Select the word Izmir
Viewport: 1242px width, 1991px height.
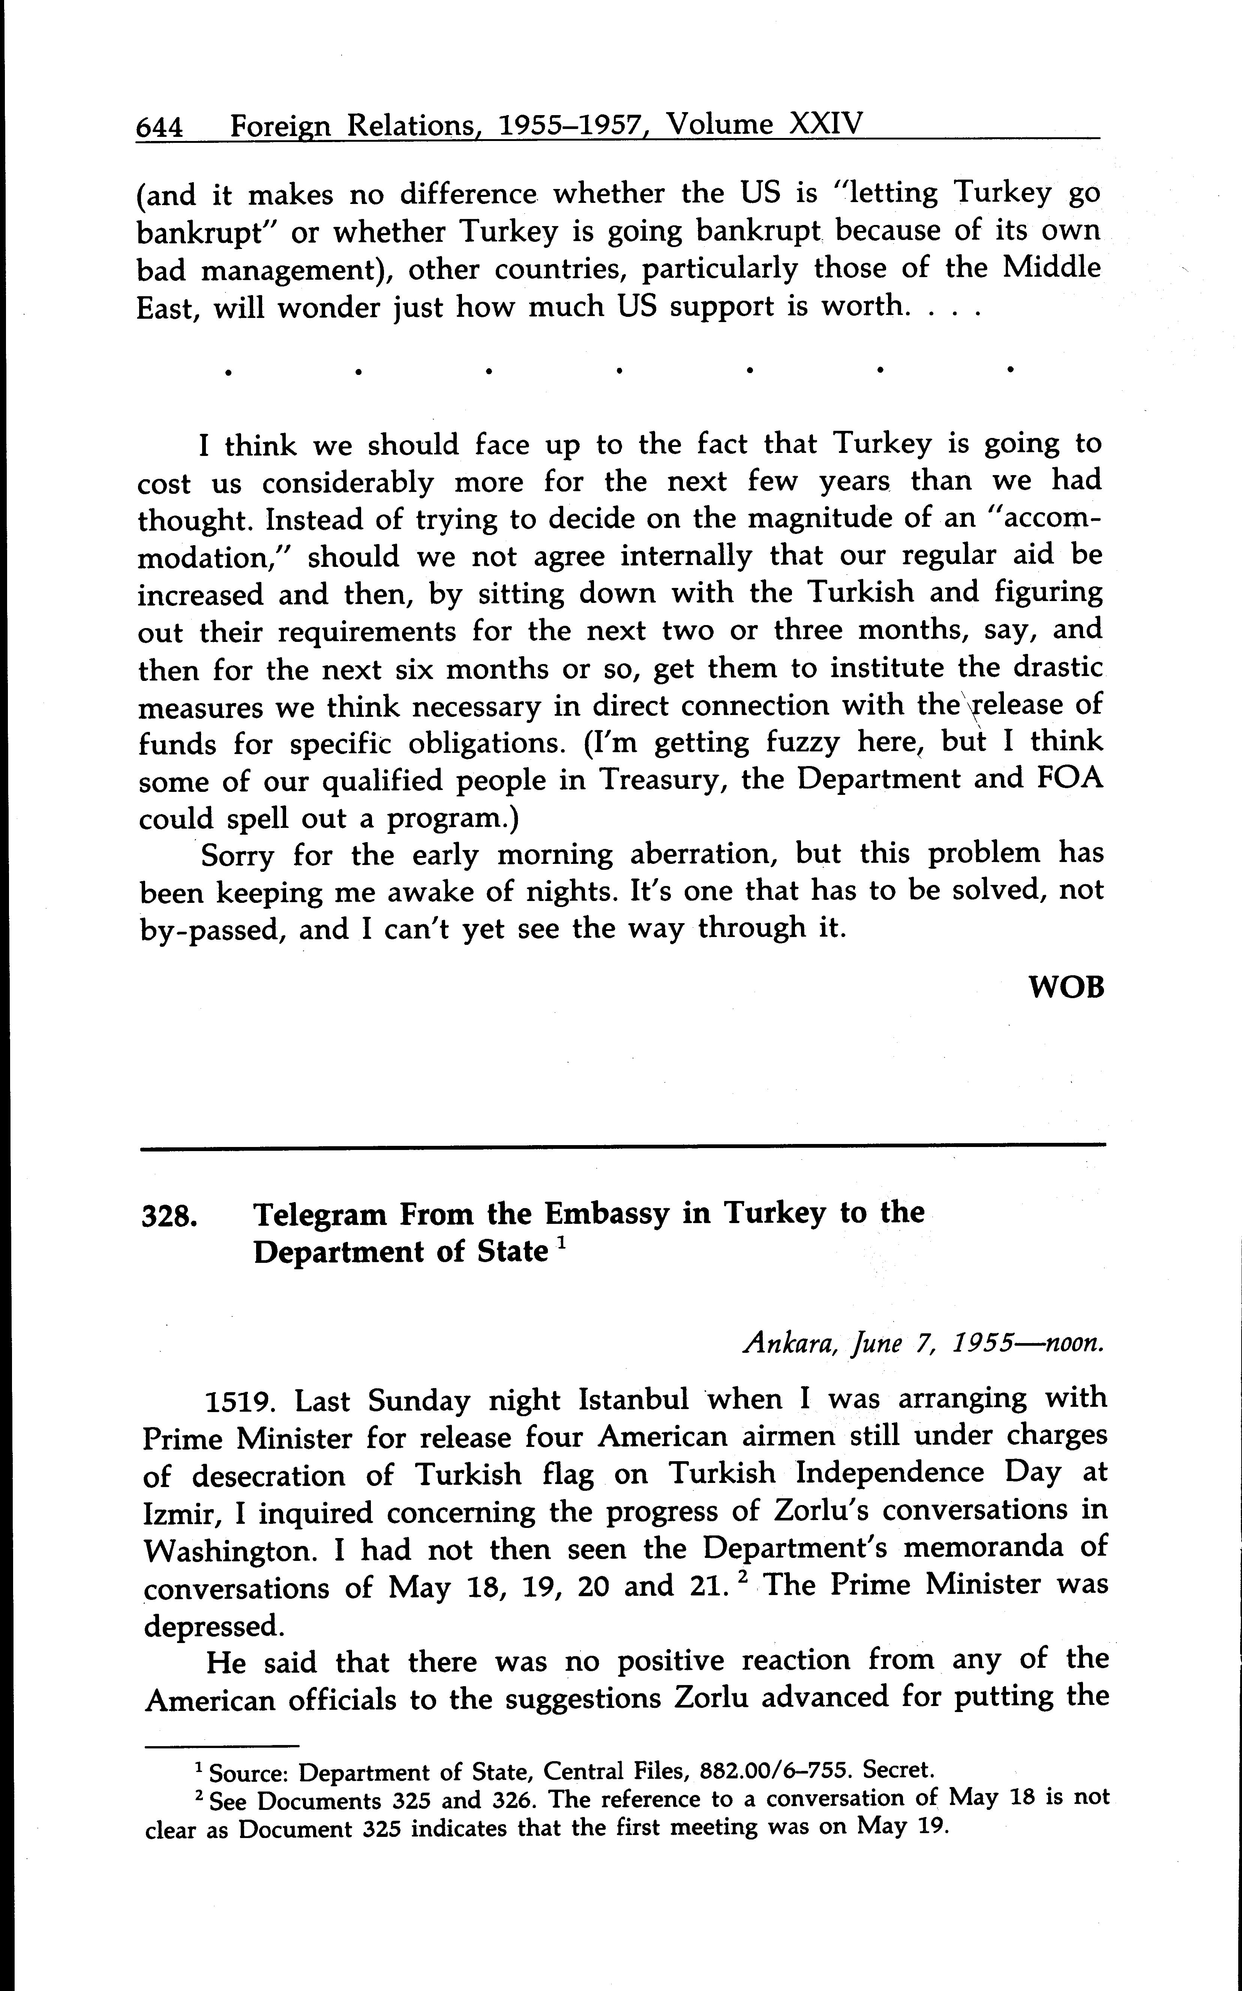pyautogui.click(x=183, y=1513)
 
